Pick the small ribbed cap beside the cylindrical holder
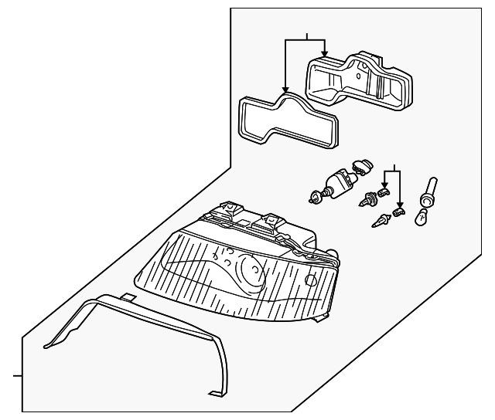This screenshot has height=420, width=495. click(360, 165)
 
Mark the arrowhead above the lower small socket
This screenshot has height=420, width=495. click(399, 203)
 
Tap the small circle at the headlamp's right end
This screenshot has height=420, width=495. click(312, 280)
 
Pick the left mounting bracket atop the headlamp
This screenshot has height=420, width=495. click(229, 208)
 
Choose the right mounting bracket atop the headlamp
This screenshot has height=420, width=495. click(271, 221)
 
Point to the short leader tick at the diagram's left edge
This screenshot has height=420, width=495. click(14, 378)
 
